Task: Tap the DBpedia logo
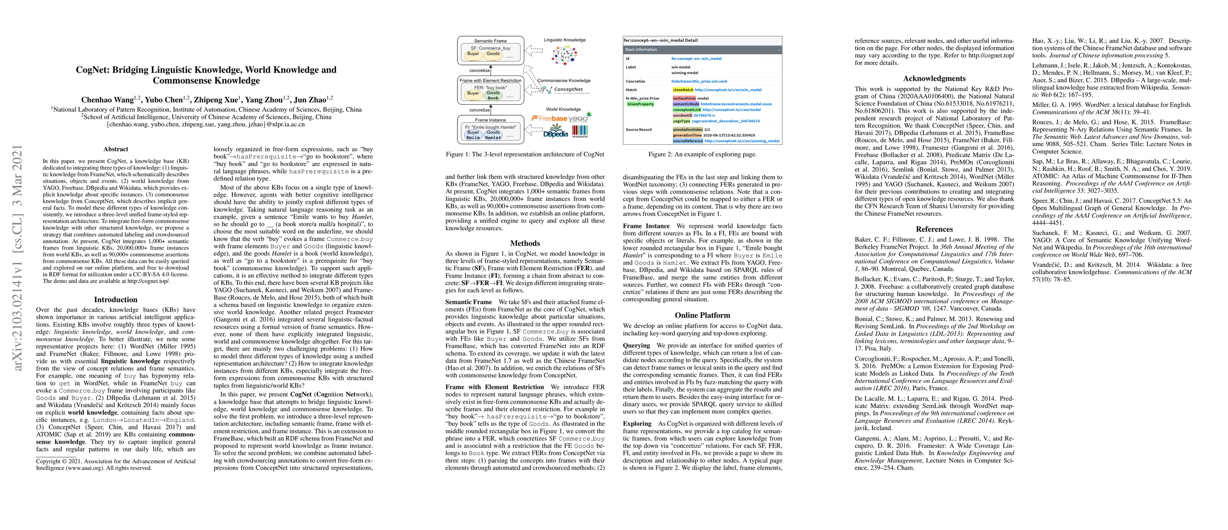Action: click(556, 132)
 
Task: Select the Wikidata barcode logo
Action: click(580, 131)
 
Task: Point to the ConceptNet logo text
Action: click(568, 89)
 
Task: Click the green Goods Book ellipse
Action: click(493, 95)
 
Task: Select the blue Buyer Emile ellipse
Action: click(473, 135)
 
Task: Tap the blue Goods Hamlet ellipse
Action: click(493, 135)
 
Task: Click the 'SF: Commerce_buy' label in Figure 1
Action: click(490, 48)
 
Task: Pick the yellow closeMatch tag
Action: click(683, 90)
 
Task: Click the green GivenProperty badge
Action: click(640, 104)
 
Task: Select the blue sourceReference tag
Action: click(688, 141)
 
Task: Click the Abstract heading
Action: click(115, 149)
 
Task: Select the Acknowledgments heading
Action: click(934, 79)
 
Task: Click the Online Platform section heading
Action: click(702, 315)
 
